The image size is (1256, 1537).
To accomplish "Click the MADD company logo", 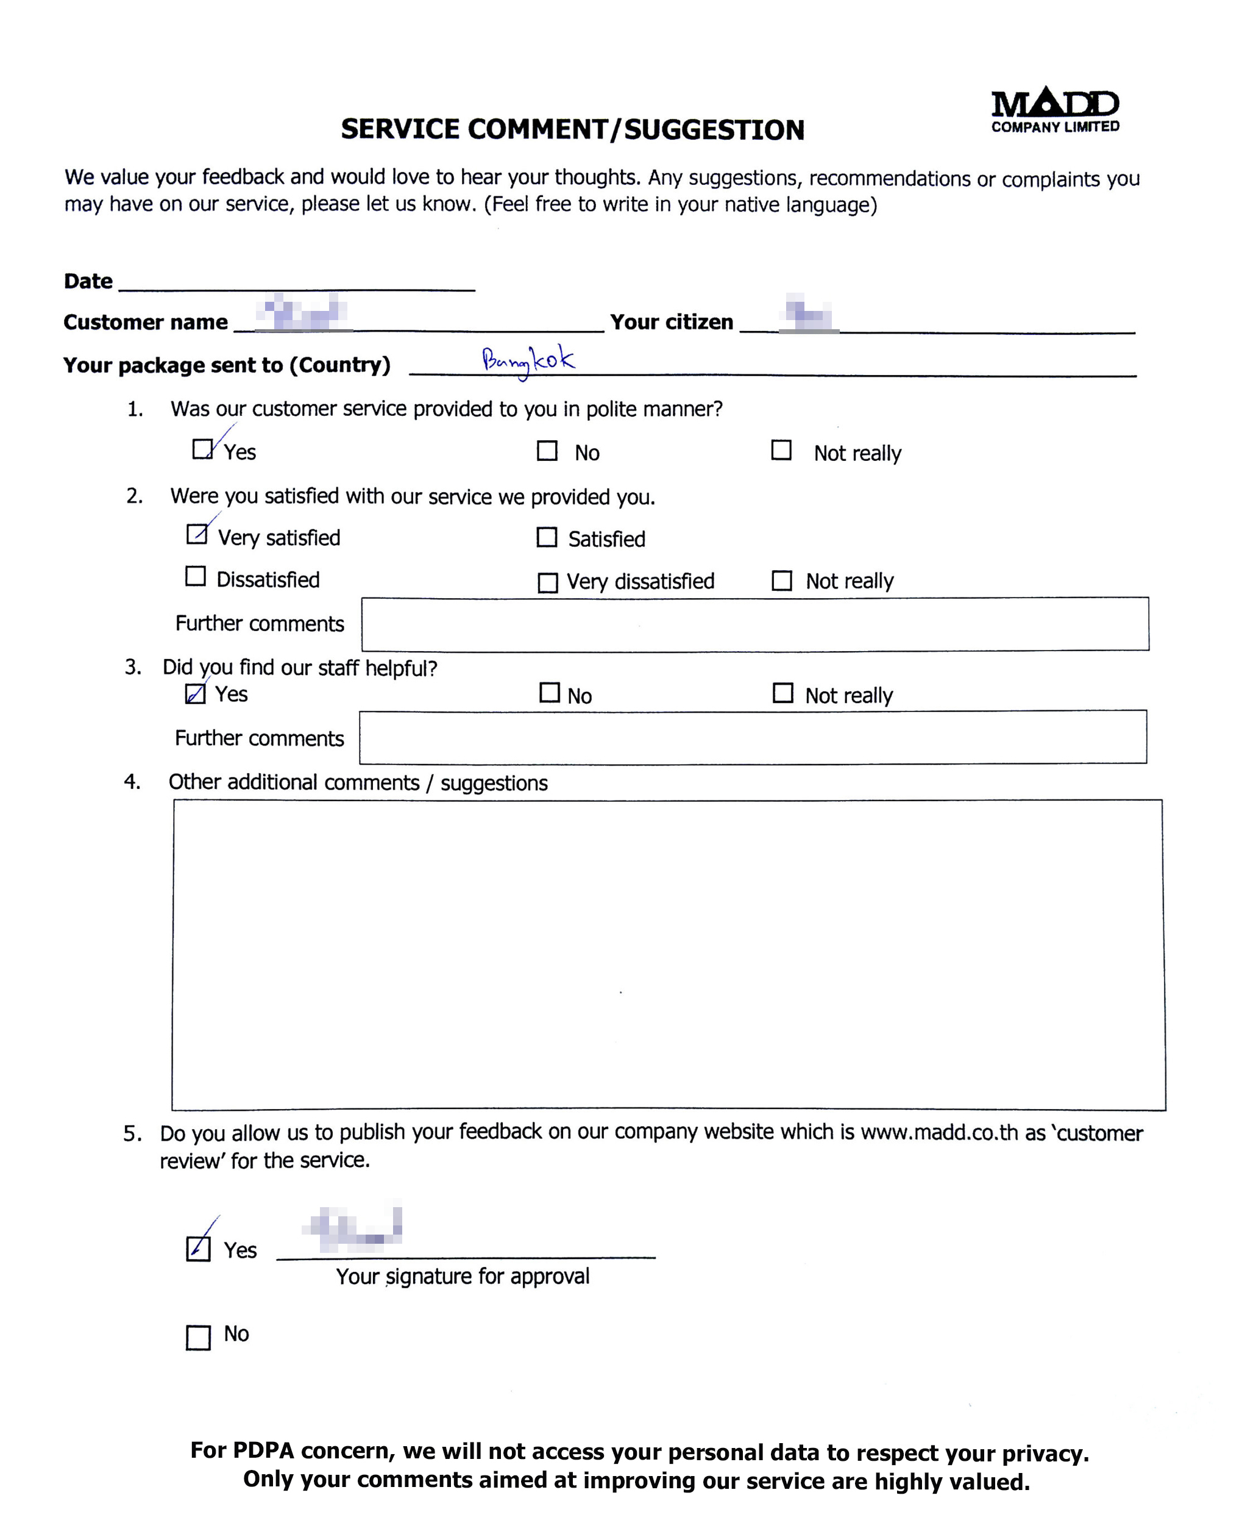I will [x=1054, y=110].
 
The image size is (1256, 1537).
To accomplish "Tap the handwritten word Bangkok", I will [x=528, y=360].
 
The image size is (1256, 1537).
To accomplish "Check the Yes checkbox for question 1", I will [x=202, y=449].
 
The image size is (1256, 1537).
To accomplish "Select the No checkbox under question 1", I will [x=547, y=451].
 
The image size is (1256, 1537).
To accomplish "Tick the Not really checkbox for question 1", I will [x=781, y=450].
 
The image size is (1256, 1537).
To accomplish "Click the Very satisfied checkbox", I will [x=196, y=534].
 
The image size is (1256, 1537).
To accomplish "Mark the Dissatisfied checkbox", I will [x=196, y=576].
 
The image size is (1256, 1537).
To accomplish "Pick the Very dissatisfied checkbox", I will [x=548, y=582].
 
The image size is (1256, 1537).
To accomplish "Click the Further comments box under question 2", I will [x=754, y=624].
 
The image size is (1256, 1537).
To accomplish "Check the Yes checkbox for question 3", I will [x=196, y=694].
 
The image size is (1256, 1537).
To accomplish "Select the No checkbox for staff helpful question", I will [x=549, y=693].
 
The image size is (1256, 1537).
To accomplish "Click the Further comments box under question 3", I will [x=753, y=736].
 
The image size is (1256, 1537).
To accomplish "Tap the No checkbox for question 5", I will [x=198, y=1337].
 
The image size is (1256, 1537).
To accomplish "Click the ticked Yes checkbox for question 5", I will [x=198, y=1248].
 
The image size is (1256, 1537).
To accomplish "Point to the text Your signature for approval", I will [x=463, y=1276].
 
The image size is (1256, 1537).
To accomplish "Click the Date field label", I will [x=88, y=281].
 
